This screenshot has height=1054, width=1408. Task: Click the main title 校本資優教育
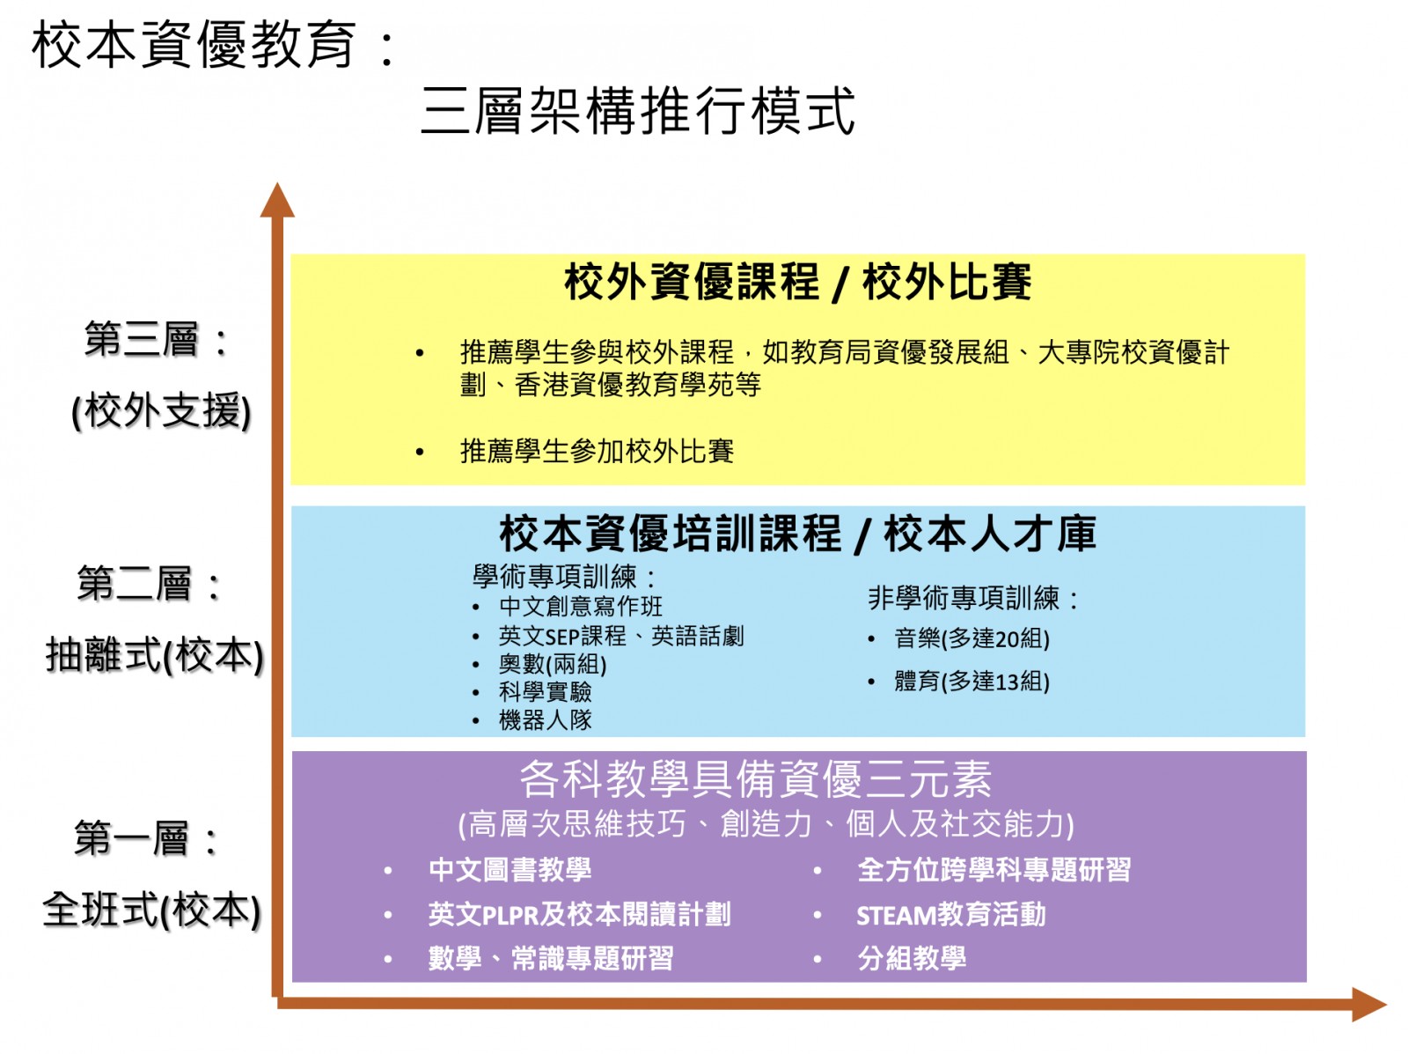click(x=194, y=45)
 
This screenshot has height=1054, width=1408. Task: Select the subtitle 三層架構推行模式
click(x=637, y=111)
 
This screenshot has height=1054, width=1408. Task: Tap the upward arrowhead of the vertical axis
click(x=277, y=200)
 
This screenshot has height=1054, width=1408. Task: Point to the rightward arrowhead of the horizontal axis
click(x=1368, y=1004)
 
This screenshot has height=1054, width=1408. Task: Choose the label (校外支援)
click(x=161, y=411)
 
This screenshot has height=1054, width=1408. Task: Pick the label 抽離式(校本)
click(x=155, y=656)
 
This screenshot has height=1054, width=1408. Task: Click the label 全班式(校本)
click(x=151, y=910)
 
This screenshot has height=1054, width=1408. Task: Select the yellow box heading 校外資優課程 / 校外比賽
click(x=797, y=282)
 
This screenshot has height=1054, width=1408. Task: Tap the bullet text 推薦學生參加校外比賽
click(x=597, y=451)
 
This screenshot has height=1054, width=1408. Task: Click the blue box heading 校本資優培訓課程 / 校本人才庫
click(x=797, y=534)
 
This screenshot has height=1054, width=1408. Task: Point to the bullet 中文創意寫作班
click(x=581, y=606)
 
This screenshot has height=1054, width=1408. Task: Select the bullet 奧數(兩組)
click(x=553, y=664)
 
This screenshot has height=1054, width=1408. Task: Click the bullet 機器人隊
click(x=546, y=720)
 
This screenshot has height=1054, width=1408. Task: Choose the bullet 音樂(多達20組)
click(x=972, y=638)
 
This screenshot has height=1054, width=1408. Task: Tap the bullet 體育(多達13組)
click(x=972, y=681)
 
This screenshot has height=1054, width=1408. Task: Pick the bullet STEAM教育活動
click(x=950, y=915)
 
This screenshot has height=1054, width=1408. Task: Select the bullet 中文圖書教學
click(x=510, y=870)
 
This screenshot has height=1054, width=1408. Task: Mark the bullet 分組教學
click(x=912, y=958)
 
